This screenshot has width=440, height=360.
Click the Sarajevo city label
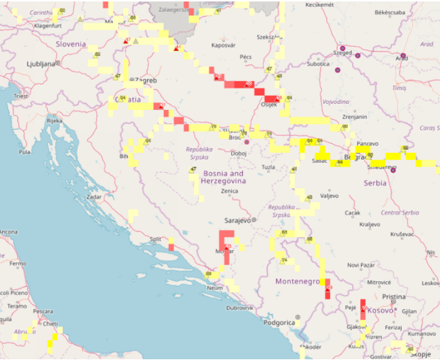(238, 220)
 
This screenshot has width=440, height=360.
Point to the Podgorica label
(278, 322)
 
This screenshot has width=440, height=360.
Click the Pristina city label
(393, 297)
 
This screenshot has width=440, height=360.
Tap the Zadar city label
(94, 198)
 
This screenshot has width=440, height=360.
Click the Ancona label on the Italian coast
(8, 232)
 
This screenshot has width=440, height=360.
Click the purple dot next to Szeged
(358, 55)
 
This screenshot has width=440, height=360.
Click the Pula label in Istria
(24, 152)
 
